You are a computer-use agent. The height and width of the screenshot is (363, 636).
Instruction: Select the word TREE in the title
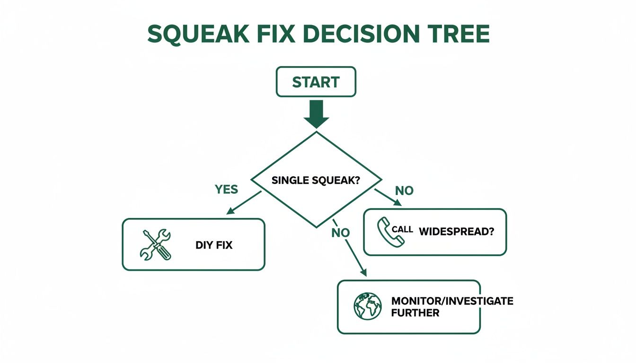[457, 34]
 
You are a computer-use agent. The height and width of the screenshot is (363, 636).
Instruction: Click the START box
[316, 82]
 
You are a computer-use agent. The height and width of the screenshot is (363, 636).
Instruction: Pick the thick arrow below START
[316, 115]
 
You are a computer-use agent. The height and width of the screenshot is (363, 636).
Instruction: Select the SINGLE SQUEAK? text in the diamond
[316, 180]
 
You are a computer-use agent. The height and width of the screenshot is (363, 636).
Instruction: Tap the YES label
[226, 190]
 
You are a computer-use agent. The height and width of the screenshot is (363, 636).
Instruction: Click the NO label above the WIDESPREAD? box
[404, 191]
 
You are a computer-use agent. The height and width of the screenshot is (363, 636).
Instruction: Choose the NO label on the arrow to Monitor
[340, 233]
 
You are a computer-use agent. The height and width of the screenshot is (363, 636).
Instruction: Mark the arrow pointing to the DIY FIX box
[243, 203]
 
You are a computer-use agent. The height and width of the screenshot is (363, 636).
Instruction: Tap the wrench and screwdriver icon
[156, 244]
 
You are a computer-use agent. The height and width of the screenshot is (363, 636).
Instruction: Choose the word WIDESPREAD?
[456, 232]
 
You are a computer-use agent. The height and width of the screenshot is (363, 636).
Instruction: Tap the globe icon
[368, 307]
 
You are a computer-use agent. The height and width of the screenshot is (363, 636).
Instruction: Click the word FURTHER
[415, 313]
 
